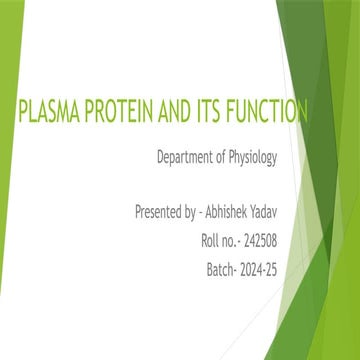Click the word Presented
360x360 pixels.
[x=162, y=213]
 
